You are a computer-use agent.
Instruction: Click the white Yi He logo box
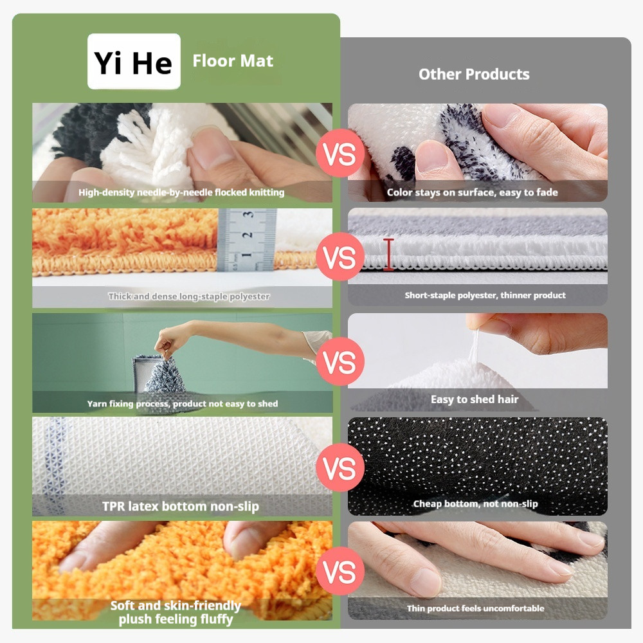coord(134,62)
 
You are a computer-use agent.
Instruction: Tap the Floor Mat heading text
coord(233,61)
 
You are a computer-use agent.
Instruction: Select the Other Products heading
coord(474,74)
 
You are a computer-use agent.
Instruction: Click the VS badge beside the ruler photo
coord(340,257)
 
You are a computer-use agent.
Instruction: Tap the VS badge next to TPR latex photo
coord(340,467)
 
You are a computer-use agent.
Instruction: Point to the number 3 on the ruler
coord(248,215)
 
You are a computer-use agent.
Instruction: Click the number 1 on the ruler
coord(246,255)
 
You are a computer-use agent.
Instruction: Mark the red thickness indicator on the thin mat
coord(388,254)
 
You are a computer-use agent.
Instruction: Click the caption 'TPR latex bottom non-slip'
coord(181,507)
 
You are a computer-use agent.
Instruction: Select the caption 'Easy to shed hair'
coord(475,399)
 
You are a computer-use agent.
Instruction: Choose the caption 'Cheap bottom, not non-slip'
coord(475,504)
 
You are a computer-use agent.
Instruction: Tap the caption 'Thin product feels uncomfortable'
coord(476,608)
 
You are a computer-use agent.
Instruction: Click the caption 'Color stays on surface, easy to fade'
coord(473,192)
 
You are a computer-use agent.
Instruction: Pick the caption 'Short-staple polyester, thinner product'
coord(485,295)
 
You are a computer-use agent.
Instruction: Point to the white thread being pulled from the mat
coord(475,347)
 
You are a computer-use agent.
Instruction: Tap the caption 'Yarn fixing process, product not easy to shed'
coord(183,404)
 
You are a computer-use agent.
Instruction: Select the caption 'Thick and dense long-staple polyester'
coord(189,296)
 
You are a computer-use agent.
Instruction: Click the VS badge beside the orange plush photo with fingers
coord(340,571)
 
